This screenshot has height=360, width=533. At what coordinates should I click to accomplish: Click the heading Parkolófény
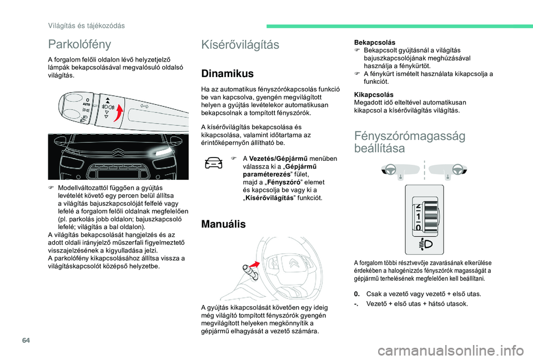[x=79, y=43]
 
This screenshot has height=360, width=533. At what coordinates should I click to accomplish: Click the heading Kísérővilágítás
[x=240, y=45]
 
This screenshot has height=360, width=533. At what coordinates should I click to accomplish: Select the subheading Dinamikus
[x=227, y=73]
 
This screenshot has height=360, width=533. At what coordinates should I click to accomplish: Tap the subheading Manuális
[x=224, y=224]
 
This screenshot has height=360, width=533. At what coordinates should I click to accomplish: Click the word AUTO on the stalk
[x=86, y=105]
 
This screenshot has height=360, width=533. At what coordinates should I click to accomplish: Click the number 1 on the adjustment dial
[x=418, y=217]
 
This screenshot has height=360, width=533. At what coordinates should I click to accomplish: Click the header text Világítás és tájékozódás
[x=86, y=26]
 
